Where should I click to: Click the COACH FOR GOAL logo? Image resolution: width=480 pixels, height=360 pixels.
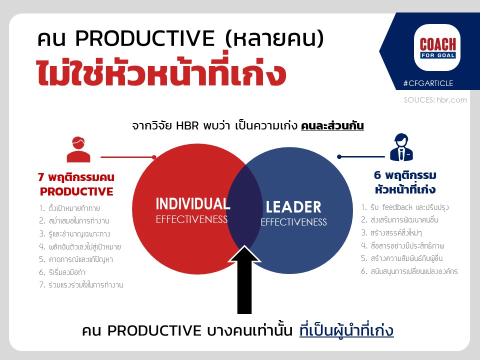pos(437,47)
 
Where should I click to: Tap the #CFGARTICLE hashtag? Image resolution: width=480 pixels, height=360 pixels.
pos(428,83)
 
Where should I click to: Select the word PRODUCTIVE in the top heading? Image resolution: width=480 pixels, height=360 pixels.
pos(145,38)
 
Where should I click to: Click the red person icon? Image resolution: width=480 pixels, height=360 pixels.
pos(78,149)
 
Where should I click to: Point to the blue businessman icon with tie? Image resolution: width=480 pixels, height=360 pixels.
pos(401,147)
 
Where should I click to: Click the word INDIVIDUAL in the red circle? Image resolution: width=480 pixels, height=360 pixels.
pos(193,204)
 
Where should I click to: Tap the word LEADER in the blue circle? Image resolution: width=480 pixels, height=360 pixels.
pos(293,207)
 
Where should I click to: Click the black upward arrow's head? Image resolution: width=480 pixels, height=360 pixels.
pos(244,254)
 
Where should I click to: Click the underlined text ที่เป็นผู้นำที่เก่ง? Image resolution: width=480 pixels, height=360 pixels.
pos(346,330)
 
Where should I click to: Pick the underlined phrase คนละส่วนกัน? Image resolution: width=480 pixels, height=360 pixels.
pos(332,125)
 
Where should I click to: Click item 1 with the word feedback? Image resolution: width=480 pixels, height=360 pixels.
pos(404,207)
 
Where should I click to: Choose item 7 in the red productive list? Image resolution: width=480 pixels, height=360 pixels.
pos(81,284)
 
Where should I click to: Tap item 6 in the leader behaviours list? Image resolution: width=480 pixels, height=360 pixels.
pos(409,271)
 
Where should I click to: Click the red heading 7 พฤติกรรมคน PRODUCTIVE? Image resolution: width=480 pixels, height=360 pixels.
pos(76,184)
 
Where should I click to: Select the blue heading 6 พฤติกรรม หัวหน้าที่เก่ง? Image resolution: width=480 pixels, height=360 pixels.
pos(405,182)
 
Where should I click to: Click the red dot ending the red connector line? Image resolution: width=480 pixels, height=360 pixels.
pos(154,157)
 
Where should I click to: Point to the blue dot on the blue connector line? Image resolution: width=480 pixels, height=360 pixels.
pos(339,156)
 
